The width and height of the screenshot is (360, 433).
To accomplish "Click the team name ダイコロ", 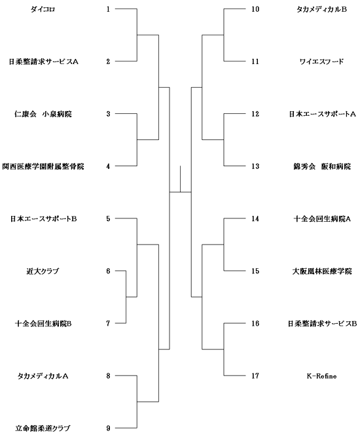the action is (x=43, y=9).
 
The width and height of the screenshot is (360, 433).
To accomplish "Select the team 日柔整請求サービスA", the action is (x=43, y=61).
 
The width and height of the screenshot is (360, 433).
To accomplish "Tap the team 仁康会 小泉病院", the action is (x=43, y=114).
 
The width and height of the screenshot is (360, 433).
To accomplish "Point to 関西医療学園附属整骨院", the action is (x=43, y=167).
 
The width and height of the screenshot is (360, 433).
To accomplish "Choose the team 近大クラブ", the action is (x=43, y=271).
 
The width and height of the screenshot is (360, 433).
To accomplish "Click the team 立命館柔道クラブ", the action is (x=43, y=428).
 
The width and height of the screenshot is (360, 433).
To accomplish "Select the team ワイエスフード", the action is (x=321, y=61).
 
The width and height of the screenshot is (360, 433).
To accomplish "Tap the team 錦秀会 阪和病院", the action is (x=322, y=167).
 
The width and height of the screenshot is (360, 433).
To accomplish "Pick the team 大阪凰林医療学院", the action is (x=322, y=271).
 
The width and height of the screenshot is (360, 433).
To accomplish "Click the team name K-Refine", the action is (x=321, y=376).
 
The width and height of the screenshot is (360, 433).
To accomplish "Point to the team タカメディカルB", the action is (x=321, y=9).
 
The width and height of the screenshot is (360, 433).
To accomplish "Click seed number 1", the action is (x=108, y=9).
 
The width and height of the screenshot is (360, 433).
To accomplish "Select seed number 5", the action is (x=108, y=218).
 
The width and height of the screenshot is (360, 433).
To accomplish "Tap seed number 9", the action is (x=108, y=428).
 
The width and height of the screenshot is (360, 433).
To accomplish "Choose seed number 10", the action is (x=255, y=9).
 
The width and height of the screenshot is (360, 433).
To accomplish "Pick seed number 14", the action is (x=255, y=218).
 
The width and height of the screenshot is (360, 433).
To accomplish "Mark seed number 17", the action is (x=255, y=376).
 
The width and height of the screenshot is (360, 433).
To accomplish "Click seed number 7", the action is (x=108, y=323).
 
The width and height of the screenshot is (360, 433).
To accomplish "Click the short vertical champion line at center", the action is (x=180, y=179).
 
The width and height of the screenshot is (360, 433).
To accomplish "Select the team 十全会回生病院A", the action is (x=322, y=219).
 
